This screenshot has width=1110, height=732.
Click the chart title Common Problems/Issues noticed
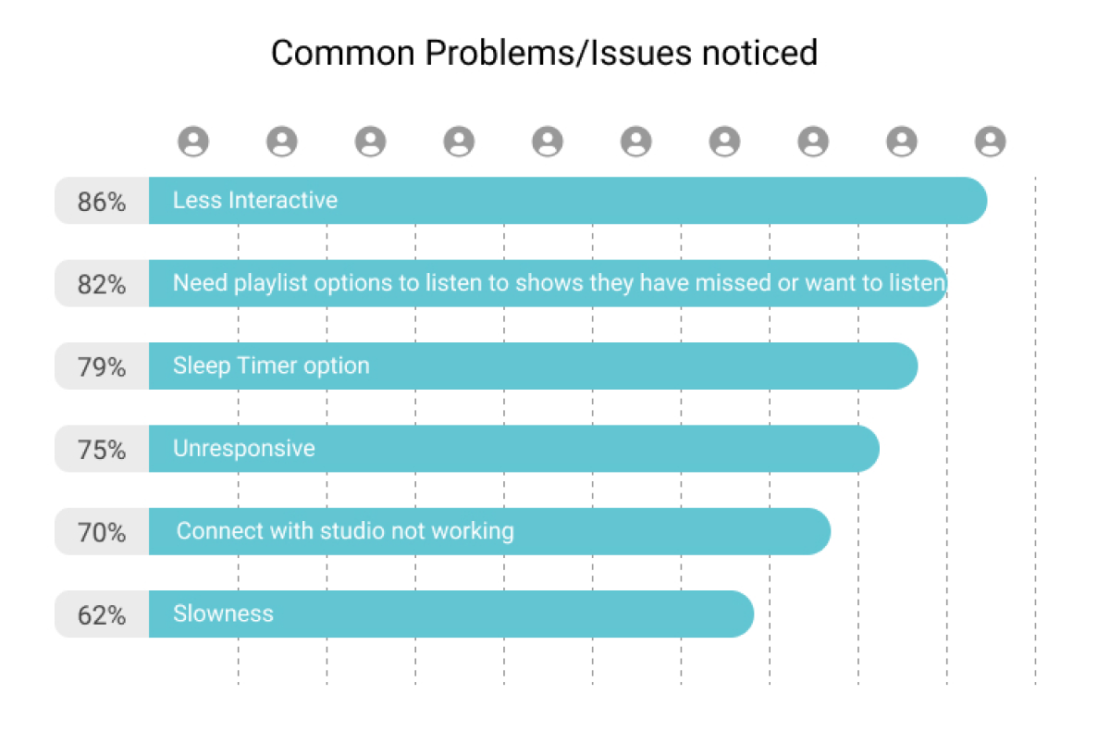tap(544, 53)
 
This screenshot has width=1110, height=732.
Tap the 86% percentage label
tap(102, 202)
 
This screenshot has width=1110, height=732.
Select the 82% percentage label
tap(102, 284)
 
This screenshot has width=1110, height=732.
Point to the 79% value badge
tap(102, 367)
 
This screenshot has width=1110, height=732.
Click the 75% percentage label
tap(102, 450)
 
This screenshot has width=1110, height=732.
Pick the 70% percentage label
tap(102, 533)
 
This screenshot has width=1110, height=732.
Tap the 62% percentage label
tap(102, 615)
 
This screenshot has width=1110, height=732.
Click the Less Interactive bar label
tap(255, 200)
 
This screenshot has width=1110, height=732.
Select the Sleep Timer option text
tap(271, 366)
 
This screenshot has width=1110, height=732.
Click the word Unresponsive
tap(244, 449)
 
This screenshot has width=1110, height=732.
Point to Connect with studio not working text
tap(345, 531)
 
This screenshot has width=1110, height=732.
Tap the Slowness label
tap(223, 614)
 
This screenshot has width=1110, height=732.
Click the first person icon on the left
tap(193, 142)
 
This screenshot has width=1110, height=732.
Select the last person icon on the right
tap(990, 142)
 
